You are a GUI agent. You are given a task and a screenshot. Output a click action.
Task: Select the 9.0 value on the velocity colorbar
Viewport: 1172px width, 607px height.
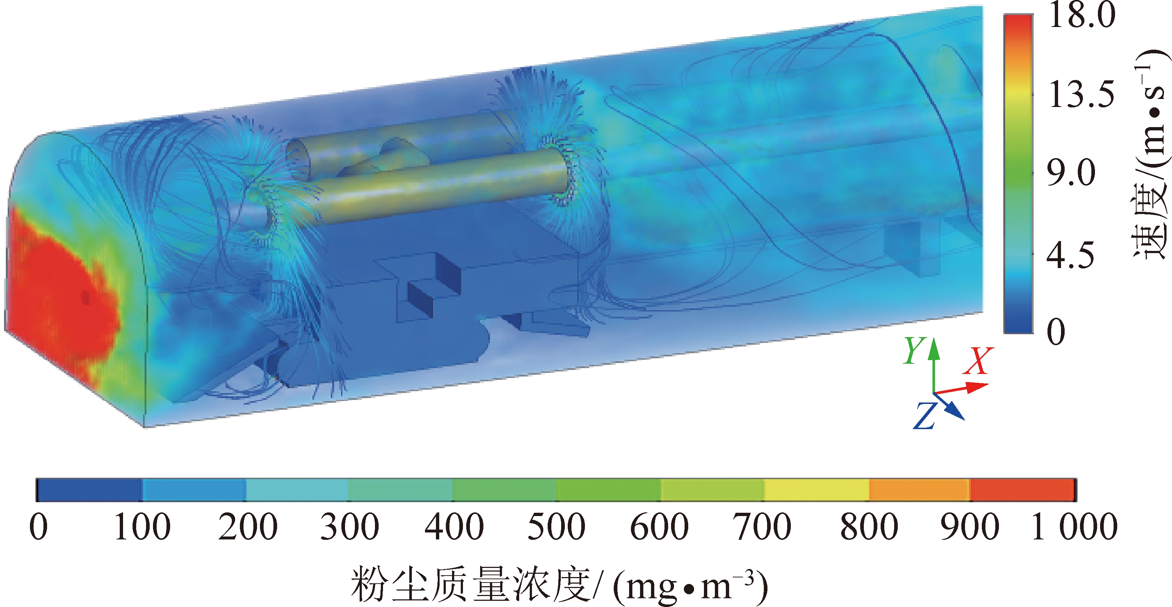1071,173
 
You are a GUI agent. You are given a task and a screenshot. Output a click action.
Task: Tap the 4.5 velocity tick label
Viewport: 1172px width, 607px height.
1071,255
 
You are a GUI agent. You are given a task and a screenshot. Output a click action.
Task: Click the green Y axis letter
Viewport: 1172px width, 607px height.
914,351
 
